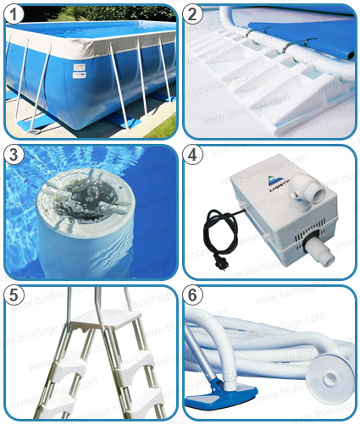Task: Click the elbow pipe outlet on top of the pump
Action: (299, 196)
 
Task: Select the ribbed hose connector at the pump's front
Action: (316, 246)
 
